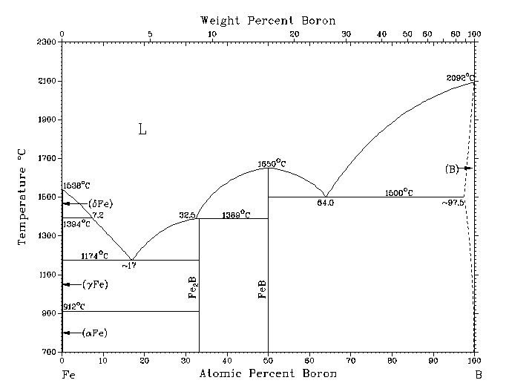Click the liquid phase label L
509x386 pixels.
pos(142,130)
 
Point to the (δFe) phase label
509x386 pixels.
pos(99,203)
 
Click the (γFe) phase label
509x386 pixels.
pos(96,284)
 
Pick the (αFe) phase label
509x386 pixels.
pos(95,333)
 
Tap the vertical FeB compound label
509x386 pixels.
pos(262,287)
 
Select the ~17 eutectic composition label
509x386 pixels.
pos(130,265)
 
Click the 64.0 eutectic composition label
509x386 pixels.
pos(325,202)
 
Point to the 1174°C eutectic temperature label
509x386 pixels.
pos(95,255)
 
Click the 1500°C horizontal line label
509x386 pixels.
pos(399,192)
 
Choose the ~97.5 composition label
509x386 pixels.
pos(453,203)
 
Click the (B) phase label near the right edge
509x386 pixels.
pos(452,169)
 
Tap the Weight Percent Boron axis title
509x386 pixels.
pos(268,20)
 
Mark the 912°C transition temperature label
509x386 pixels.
pos(75,307)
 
